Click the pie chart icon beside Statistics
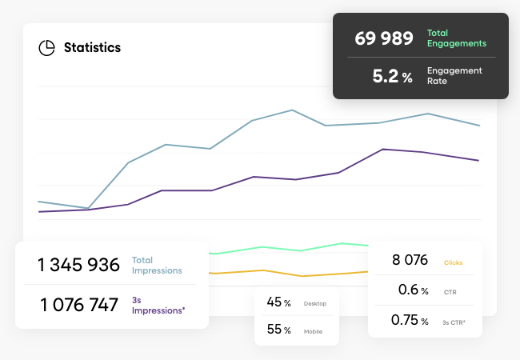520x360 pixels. (46, 48)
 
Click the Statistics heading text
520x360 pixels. (92, 48)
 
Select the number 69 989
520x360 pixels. (384, 38)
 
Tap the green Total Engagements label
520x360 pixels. (457, 38)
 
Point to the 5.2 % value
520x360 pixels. (392, 77)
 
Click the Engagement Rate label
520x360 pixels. (454, 76)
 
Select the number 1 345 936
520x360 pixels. (79, 265)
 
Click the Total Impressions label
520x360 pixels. (157, 266)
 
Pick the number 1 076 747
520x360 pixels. (79, 305)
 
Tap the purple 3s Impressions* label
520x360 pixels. (158, 305)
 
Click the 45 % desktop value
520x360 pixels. (278, 302)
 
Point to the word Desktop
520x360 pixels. (316, 304)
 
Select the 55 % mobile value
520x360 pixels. (278, 330)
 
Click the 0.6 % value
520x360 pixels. (413, 290)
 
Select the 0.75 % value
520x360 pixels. (410, 320)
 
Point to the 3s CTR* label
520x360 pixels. (454, 322)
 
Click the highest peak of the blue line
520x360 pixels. (292, 110)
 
